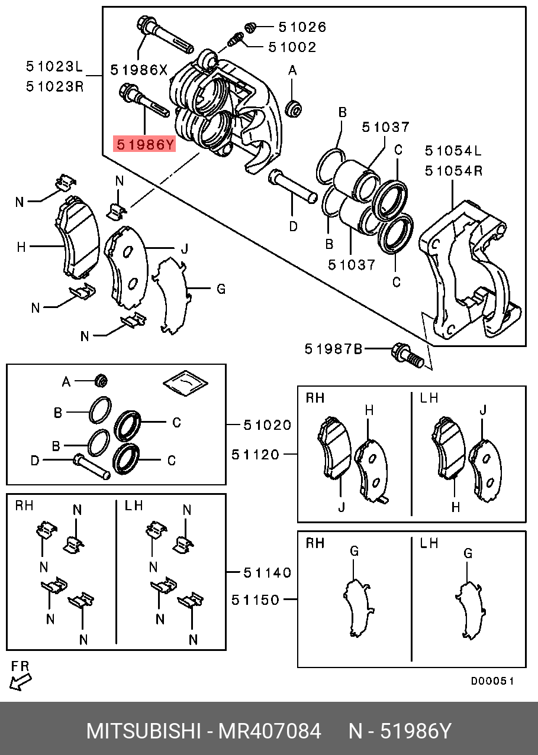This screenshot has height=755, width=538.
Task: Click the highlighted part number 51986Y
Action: [x=145, y=143]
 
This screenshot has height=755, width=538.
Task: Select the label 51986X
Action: [x=139, y=69]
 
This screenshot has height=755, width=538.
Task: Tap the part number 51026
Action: [x=302, y=27]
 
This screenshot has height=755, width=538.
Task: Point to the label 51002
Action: [x=292, y=47]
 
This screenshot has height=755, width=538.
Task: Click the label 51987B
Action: [x=333, y=349]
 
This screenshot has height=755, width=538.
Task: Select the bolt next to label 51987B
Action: [x=408, y=356]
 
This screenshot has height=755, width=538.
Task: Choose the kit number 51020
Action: [x=268, y=425]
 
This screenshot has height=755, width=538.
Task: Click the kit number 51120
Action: [x=255, y=454]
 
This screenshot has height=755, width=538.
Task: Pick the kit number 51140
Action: [x=268, y=572]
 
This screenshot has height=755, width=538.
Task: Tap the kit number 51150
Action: [x=255, y=600]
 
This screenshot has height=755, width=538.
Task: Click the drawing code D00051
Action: [x=492, y=681]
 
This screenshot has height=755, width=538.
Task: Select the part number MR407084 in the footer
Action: [x=270, y=731]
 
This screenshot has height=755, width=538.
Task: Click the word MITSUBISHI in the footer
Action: [x=144, y=731]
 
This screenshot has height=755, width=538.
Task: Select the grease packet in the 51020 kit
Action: [x=185, y=383]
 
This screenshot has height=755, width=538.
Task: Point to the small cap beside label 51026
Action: [x=250, y=27]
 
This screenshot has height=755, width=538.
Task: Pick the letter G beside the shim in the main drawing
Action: [x=221, y=289]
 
